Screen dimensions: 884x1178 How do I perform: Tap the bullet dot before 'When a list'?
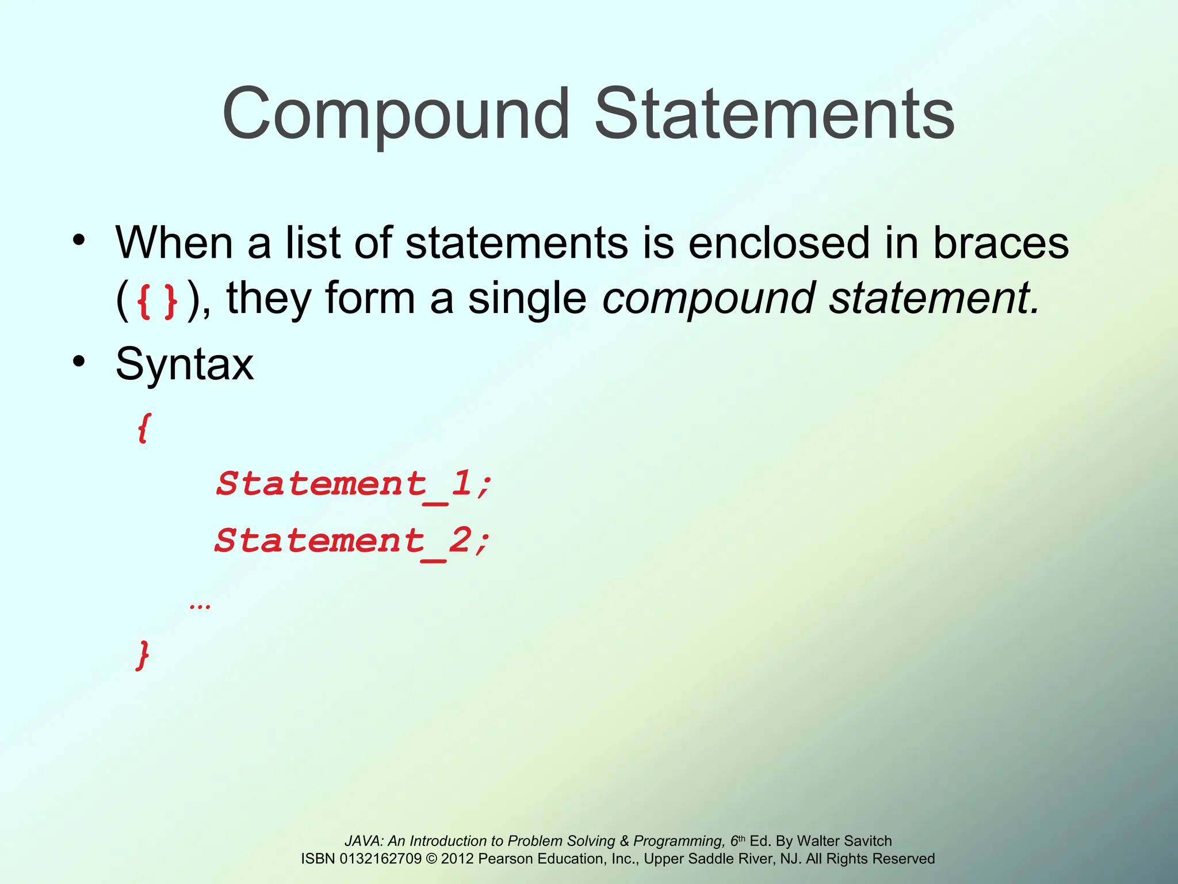click(x=79, y=240)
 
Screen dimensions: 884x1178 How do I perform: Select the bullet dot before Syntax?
click(x=79, y=361)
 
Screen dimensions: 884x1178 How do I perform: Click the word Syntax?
click(x=184, y=364)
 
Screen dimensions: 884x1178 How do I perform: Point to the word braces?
click(x=1000, y=243)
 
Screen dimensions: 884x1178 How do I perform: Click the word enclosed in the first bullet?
click(x=779, y=243)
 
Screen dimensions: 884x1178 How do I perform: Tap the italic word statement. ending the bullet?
click(x=934, y=298)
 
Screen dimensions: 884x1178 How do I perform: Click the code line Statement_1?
click(x=353, y=484)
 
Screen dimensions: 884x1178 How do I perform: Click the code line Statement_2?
click(x=352, y=542)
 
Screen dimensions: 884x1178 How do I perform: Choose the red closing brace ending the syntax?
click(x=143, y=655)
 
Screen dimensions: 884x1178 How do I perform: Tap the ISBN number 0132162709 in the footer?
click(x=380, y=859)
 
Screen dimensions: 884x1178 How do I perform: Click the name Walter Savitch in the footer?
click(x=844, y=841)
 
